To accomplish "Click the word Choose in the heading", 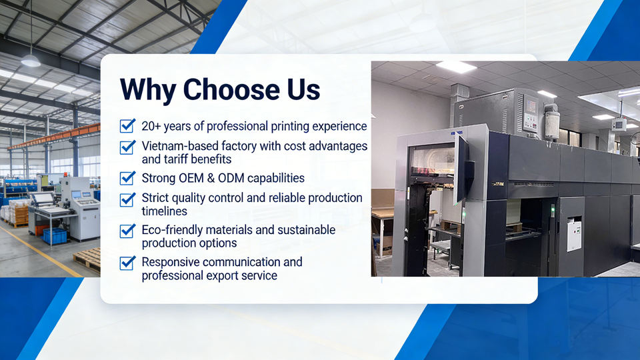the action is click(x=231, y=89).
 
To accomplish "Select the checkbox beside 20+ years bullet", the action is click(x=127, y=126).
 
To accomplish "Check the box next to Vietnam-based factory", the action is click(x=127, y=147).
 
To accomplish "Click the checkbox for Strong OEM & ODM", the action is click(x=127, y=178).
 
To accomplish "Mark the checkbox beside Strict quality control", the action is click(x=127, y=199).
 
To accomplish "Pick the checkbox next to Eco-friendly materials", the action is click(x=127, y=231).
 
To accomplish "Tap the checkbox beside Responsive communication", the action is click(x=127, y=263).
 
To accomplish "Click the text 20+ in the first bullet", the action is click(x=151, y=126).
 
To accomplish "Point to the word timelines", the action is click(x=165, y=211).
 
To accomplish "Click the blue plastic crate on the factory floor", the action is click(x=54, y=236).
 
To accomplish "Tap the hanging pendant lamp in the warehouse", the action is click(x=31, y=61).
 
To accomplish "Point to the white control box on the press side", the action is click(x=573, y=234).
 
